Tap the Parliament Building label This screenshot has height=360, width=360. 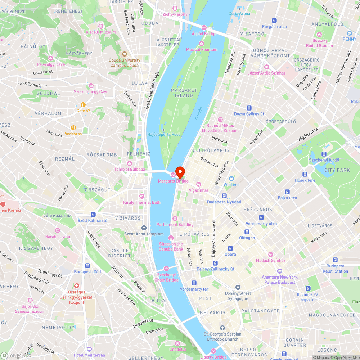[x=175, y=225]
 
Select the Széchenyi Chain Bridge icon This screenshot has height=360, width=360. [x=166, y=269]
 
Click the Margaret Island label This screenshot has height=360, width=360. [x=184, y=93]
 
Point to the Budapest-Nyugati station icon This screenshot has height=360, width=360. [x=224, y=196]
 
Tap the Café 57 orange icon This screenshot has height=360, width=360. [x=83, y=104]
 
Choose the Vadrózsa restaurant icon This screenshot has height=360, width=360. [x=73, y=127]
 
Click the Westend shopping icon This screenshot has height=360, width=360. [x=231, y=179]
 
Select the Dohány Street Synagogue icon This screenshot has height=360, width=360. [x=238, y=287]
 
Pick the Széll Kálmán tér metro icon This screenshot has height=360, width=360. [x=93, y=214]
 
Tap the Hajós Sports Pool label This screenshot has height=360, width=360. [x=163, y=134]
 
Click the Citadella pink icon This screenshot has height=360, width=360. [x=177, y=343]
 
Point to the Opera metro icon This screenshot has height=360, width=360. [x=230, y=248]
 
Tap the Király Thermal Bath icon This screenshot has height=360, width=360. [x=142, y=196]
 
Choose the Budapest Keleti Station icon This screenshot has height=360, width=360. [x=335, y=260]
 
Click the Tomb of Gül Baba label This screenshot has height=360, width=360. [x=129, y=170]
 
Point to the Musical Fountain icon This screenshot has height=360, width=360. [x=202, y=43]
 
